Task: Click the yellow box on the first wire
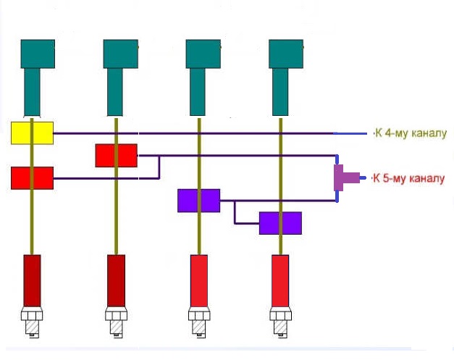32,133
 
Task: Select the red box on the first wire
32,178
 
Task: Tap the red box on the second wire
117,156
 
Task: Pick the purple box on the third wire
198,201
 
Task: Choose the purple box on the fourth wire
280,223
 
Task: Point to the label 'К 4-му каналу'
411,133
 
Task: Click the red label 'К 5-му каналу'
409,178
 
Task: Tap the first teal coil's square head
38,54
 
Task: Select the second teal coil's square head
121,54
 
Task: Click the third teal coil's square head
203,54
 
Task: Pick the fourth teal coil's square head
286,54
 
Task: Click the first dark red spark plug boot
32,280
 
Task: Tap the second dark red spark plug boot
117,280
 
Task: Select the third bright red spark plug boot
199,280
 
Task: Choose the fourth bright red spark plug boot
280,280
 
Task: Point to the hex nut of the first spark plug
32,314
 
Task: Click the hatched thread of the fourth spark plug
280,327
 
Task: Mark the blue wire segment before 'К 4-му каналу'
350,133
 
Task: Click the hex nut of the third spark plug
199,314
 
